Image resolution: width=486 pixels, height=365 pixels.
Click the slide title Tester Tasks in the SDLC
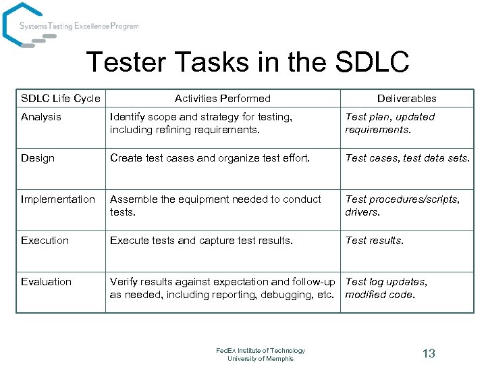click(248, 62)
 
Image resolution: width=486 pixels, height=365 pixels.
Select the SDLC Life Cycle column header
click(61, 99)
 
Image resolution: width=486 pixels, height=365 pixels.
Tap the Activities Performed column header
click(223, 99)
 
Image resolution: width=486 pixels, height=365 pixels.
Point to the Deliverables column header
click(406, 99)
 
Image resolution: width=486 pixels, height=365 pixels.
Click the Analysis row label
click(41, 117)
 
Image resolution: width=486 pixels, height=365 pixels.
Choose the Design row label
click(38, 158)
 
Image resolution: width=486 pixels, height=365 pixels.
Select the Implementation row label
click(58, 199)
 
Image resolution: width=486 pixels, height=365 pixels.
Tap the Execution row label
click(45, 241)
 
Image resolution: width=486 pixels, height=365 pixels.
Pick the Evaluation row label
click(46, 282)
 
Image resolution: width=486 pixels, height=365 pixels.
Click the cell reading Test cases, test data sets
click(407, 158)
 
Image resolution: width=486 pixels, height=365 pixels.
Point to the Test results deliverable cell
click(375, 241)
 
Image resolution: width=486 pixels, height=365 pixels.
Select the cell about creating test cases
click(210, 158)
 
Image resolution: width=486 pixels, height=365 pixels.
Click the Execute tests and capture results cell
click(202, 241)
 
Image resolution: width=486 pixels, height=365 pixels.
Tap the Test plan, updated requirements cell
click(390, 123)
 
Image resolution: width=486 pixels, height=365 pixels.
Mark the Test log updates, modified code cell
click(387, 288)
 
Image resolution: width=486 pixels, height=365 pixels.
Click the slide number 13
click(429, 354)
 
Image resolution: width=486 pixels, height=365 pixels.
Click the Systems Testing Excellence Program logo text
click(79, 26)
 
